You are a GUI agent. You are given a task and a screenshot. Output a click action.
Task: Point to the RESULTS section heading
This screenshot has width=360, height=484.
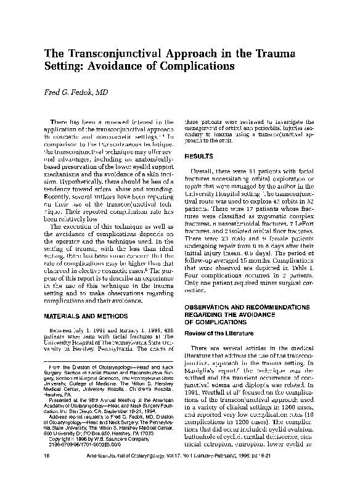[x=202, y=157]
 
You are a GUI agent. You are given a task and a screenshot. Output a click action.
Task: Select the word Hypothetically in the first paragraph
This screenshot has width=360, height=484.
[x=74, y=191]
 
